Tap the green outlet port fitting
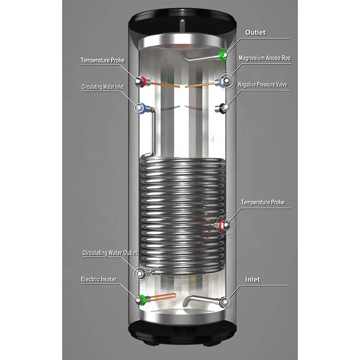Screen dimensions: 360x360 point(223,55)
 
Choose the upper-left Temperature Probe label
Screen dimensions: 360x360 point(103,60)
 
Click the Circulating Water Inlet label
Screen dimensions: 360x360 point(103,86)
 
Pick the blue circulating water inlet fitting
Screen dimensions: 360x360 point(140,108)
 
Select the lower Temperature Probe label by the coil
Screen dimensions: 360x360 point(263,202)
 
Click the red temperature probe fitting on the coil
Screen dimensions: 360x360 point(223,225)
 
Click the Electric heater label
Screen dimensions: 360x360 point(99,279)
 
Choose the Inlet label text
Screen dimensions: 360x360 point(253,279)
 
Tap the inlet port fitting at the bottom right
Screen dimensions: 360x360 point(223,302)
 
